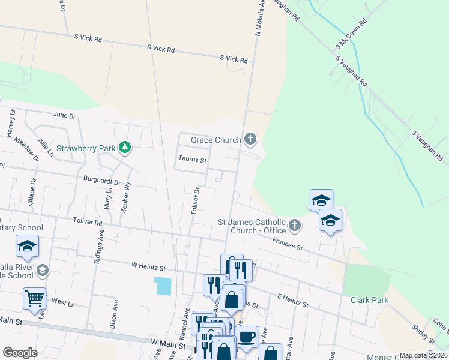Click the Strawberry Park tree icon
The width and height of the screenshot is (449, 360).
click(x=124, y=148)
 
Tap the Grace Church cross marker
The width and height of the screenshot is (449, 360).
click(x=250, y=140)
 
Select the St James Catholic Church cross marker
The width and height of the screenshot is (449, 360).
click(x=294, y=226)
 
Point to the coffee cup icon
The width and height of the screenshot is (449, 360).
click(x=246, y=337)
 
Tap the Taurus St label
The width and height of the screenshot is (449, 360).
click(x=192, y=160)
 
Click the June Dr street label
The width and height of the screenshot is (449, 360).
click(x=65, y=115)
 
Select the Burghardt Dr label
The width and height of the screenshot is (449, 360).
click(x=102, y=179)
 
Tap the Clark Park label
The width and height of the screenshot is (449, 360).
click(x=370, y=300)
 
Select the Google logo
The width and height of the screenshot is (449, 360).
click(x=20, y=353)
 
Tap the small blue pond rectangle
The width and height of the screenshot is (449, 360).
click(x=162, y=286)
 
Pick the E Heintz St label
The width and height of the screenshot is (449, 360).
click(x=292, y=301)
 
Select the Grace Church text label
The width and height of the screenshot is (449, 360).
click(x=215, y=140)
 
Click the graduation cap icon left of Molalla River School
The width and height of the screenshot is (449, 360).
click(x=27, y=246)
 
